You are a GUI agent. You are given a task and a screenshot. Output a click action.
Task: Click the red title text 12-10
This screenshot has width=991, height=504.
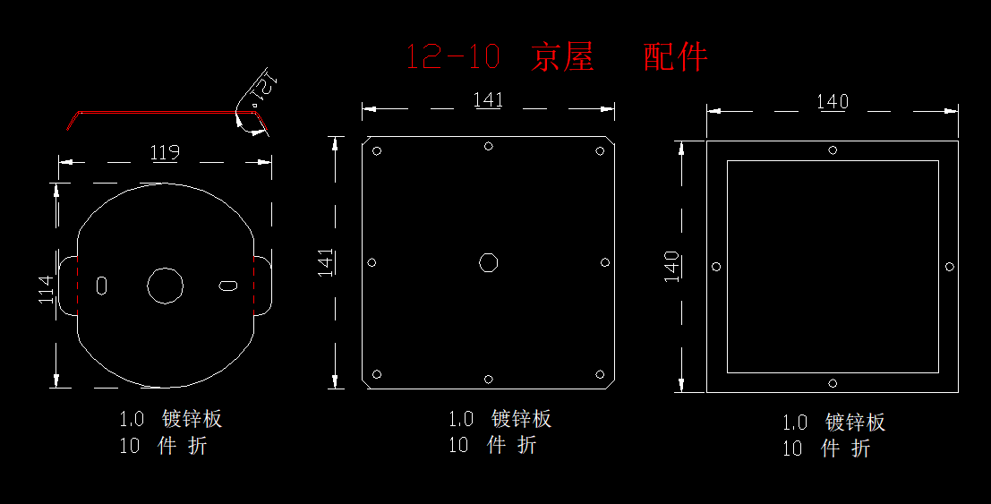click(x=452, y=57)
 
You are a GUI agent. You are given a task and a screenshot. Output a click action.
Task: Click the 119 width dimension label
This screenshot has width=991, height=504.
click(x=165, y=152)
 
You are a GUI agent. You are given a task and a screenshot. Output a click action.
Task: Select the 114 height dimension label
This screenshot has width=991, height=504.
click(x=47, y=288)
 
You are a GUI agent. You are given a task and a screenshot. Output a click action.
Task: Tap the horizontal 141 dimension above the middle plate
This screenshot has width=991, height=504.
click(x=488, y=100)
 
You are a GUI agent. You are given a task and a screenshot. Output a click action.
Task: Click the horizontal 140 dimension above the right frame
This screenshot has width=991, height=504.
click(x=833, y=102)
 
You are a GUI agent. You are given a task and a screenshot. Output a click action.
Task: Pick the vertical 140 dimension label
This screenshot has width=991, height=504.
click(x=671, y=267)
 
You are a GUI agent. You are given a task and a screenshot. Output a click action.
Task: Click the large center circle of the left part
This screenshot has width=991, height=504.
click(x=165, y=286)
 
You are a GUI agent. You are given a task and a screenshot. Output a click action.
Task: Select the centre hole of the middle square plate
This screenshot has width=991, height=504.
click(x=488, y=262)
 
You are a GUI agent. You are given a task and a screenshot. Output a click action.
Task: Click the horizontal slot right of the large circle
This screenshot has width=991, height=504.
click(x=228, y=286)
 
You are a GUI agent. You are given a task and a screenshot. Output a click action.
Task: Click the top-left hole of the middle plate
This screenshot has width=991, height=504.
click(x=377, y=150)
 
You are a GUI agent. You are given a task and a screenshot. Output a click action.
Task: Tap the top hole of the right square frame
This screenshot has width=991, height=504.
click(x=833, y=150)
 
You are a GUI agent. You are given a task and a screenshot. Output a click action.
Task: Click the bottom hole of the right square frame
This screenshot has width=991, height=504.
click(x=833, y=383)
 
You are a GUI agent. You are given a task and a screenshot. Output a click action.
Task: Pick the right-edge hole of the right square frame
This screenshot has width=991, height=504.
click(x=949, y=267)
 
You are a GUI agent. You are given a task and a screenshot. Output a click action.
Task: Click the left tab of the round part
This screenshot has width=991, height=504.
click(x=69, y=285)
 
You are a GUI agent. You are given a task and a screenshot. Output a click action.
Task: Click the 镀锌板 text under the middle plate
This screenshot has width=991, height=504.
click(x=521, y=419)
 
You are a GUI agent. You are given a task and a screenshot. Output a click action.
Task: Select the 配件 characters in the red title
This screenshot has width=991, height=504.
click(x=676, y=57)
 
